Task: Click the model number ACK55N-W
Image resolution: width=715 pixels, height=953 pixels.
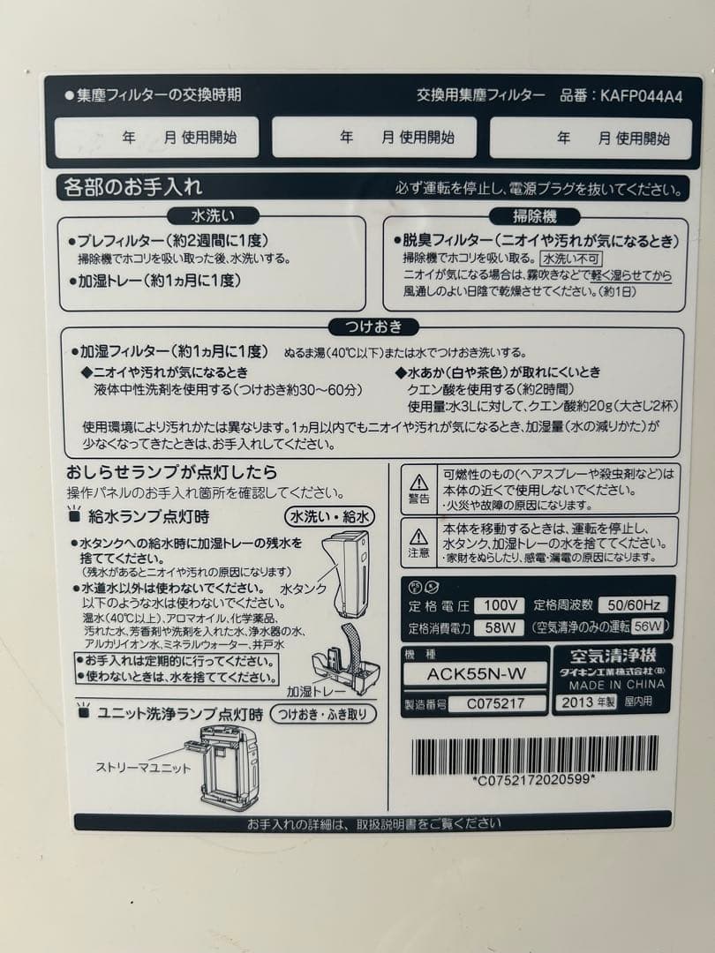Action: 475,673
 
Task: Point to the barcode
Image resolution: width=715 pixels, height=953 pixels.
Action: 535,754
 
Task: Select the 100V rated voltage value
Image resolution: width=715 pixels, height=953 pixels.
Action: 499,605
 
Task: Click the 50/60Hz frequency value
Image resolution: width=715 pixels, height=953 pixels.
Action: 632,604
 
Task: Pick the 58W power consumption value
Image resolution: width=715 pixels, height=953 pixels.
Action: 499,628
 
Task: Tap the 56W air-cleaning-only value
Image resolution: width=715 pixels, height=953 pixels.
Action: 648,627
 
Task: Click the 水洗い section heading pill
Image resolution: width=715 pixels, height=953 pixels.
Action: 213,215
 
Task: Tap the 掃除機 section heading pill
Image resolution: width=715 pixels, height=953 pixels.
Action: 534,215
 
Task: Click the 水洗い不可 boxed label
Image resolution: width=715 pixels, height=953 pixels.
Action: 570,259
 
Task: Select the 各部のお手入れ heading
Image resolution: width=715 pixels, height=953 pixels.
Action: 132,187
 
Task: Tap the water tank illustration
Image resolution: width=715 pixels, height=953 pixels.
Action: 346,574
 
